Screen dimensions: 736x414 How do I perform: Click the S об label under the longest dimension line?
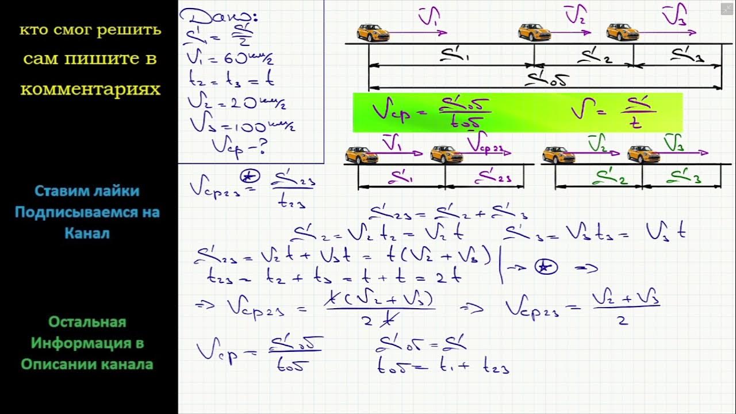546,81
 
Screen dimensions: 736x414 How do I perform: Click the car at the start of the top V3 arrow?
622,32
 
